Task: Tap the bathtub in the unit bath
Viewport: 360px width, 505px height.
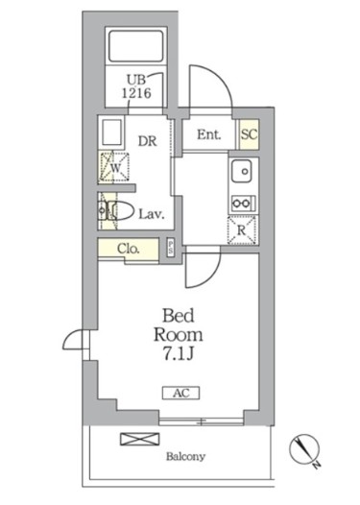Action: coord(135,50)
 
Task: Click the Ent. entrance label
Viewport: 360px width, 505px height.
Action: coord(209,135)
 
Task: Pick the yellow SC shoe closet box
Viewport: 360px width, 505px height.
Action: coord(248,135)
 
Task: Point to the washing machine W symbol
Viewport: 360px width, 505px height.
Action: coord(113,167)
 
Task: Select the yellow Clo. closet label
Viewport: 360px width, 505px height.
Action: coord(129,249)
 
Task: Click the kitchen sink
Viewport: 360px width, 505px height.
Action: coord(241,174)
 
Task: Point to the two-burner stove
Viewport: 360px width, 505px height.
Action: coord(241,203)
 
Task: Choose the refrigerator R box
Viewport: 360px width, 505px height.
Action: coord(241,230)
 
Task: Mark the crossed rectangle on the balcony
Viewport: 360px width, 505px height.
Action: coord(132,440)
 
